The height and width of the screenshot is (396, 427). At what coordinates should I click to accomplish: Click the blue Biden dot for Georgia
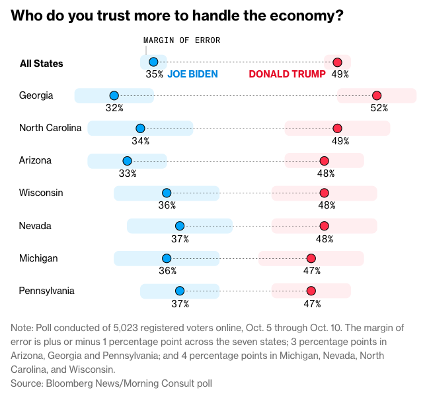(x=114, y=95)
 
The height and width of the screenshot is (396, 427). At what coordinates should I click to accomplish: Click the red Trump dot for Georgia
(x=377, y=95)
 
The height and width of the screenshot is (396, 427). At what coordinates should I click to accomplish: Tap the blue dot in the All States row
(x=153, y=62)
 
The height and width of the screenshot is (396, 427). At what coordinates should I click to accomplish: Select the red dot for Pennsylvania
(x=311, y=291)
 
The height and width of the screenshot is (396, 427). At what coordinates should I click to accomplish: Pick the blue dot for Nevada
(x=179, y=226)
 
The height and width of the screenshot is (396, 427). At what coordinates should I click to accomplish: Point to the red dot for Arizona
(x=324, y=161)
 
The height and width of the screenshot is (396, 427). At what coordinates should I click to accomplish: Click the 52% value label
(x=379, y=108)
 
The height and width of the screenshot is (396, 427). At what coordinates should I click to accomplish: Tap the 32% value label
(x=114, y=108)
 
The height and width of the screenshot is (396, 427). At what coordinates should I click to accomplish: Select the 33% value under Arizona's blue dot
(x=128, y=173)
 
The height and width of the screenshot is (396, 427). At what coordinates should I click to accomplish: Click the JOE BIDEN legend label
(x=192, y=74)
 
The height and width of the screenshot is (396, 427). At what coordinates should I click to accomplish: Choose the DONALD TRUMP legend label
(x=287, y=74)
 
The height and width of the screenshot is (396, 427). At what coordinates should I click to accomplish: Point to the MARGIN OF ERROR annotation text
(x=182, y=40)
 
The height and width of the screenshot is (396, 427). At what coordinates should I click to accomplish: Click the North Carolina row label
(x=50, y=128)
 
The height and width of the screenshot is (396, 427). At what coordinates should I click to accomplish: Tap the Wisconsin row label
(x=41, y=193)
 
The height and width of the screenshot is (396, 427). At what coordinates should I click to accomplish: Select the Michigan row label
(x=38, y=258)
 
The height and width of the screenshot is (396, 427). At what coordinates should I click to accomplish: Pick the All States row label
(x=42, y=64)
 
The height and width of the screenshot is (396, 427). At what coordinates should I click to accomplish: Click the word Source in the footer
(x=26, y=383)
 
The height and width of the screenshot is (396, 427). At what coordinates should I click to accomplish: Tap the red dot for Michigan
(x=311, y=258)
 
